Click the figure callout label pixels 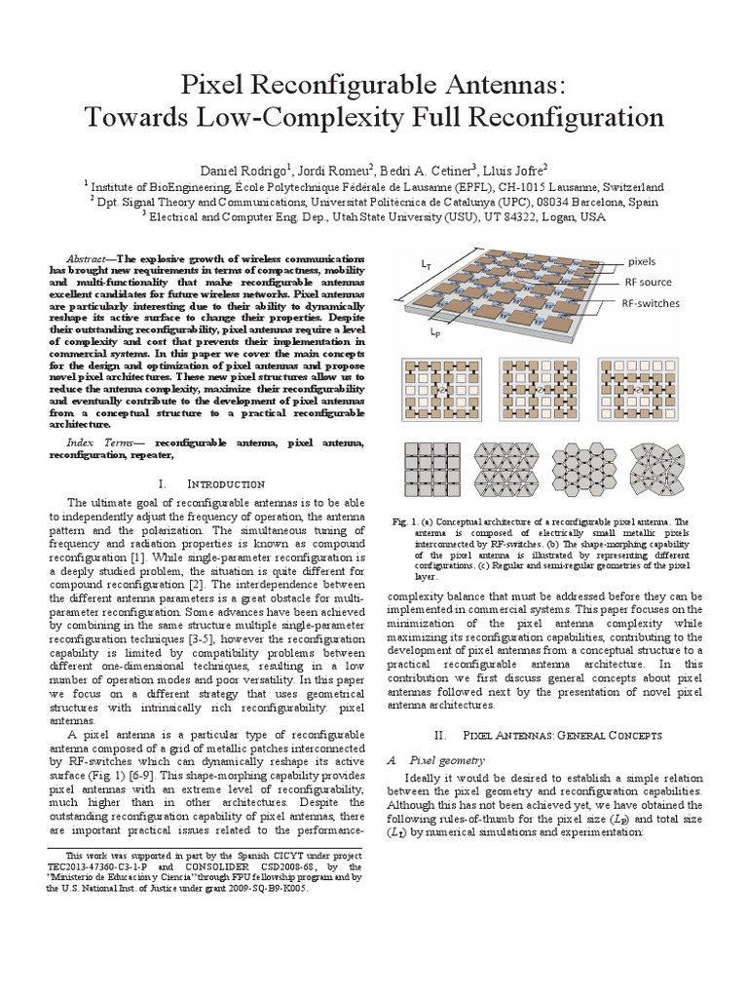pos(641,261)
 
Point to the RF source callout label pos(649,282)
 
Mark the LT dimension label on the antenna pos(427,263)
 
